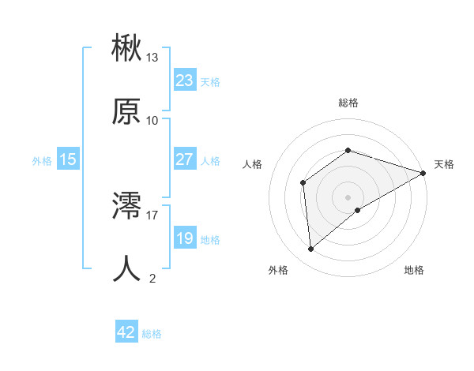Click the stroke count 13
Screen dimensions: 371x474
tap(152, 58)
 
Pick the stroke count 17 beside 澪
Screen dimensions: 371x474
tap(152, 214)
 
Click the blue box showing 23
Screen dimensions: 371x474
tap(184, 81)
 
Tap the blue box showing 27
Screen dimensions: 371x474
tap(184, 159)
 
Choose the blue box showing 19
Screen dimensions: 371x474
tap(184, 238)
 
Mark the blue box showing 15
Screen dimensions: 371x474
tap(68, 159)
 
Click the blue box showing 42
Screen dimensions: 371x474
tap(126, 332)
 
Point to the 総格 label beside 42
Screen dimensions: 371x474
tap(152, 334)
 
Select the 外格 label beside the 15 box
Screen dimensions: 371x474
tap(42, 161)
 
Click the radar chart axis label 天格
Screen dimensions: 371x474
tap(444, 164)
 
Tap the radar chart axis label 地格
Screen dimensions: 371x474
tap(414, 271)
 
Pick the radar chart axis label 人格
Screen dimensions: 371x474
tap(253, 164)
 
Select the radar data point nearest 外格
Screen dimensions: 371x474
tap(311, 249)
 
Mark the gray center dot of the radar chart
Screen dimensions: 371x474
tap(348, 197)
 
